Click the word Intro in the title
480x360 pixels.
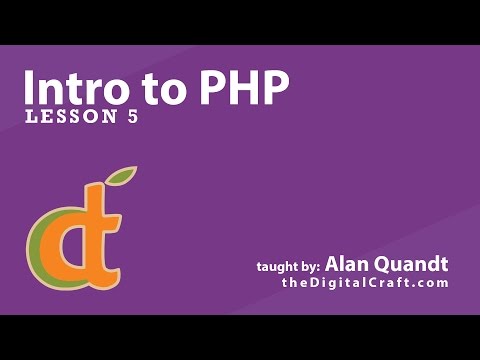[x=76, y=88]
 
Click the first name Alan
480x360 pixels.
[x=346, y=265]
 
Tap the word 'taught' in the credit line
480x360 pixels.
[x=276, y=267]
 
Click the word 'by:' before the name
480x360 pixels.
[x=309, y=267]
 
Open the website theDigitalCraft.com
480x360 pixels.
[x=364, y=284]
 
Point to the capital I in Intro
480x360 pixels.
[x=31, y=88]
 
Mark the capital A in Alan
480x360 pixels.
[x=333, y=265]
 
